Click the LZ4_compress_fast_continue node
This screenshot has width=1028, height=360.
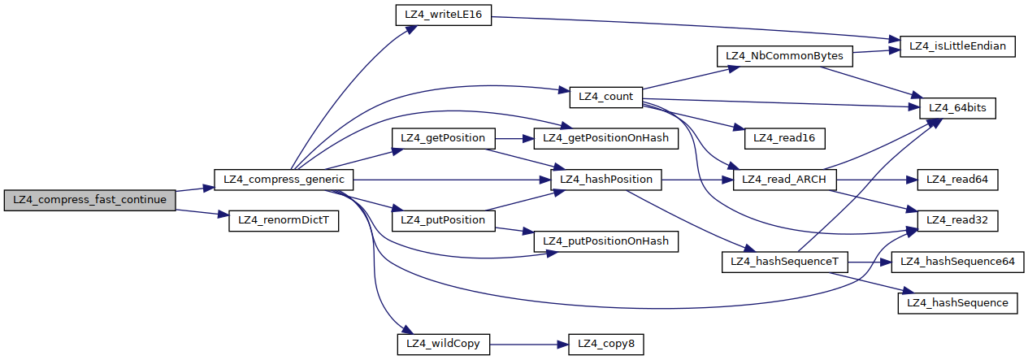[x=89, y=200]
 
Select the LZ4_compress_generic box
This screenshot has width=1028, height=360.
[x=284, y=179]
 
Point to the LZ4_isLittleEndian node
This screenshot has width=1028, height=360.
[x=957, y=46]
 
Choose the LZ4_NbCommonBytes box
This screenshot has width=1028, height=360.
[x=784, y=56]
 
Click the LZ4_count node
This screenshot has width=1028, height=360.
[x=605, y=96]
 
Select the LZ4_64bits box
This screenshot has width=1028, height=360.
[x=957, y=108]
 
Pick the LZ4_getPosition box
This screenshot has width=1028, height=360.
[x=444, y=138]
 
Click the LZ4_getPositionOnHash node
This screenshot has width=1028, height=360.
[x=605, y=138]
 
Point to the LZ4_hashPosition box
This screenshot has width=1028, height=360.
[x=605, y=179]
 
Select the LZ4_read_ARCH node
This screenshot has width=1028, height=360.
[x=784, y=179]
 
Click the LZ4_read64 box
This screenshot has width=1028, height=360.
[x=957, y=179]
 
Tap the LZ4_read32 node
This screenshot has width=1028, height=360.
[x=957, y=220]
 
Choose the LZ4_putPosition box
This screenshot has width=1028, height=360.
[x=444, y=220]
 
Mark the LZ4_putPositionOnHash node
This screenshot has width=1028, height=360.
[x=605, y=241]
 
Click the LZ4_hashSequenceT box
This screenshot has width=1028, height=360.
[x=784, y=262]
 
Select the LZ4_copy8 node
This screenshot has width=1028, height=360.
[x=605, y=344]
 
